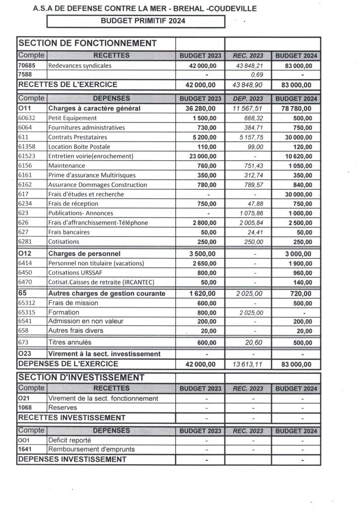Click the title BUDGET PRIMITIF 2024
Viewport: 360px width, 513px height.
click(143, 21)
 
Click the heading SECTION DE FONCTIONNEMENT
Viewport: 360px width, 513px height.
click(87, 43)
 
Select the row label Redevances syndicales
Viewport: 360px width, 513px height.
click(80, 65)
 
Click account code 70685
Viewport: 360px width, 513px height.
click(27, 65)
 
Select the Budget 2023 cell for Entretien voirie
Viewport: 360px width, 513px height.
click(199, 156)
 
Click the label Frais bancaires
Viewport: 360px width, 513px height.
click(69, 232)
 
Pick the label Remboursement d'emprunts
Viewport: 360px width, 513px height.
click(91, 449)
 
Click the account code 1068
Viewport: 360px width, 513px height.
click(25, 408)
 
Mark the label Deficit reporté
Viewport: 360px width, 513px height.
click(69, 440)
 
